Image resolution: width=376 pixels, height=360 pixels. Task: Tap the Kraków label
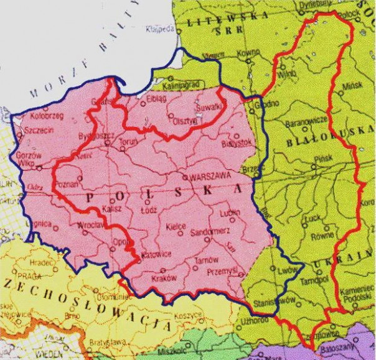pyautogui.click(x=164, y=279)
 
